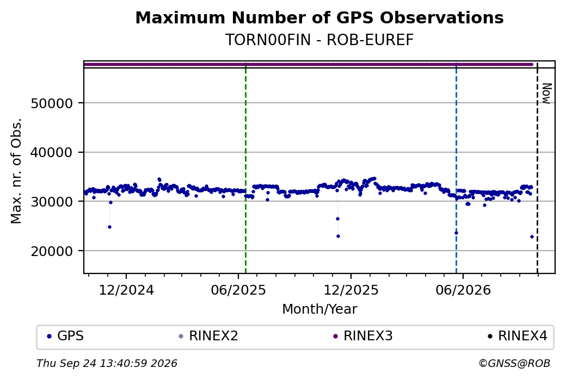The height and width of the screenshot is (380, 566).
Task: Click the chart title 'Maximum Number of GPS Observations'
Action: coord(319,17)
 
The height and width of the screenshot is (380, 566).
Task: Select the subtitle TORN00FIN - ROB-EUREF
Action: coord(319,40)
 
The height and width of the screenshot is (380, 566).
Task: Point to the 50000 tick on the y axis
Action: coord(52,103)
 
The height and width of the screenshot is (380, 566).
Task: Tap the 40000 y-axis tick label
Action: coord(52,153)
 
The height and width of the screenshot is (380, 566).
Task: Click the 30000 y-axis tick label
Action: coord(52,202)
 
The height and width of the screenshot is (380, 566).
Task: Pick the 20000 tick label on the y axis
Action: coord(52,251)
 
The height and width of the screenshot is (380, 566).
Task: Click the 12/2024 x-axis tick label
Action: coord(126,290)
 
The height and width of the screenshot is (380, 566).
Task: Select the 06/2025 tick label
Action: coord(238,290)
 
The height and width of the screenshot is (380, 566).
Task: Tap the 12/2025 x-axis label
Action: coord(351,290)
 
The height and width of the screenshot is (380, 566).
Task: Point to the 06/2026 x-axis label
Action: coord(463,290)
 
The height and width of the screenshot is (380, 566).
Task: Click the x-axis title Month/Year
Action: coord(319,309)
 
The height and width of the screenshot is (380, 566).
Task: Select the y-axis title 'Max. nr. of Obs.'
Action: coord(16,171)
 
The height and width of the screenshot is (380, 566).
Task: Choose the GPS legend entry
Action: coord(65,336)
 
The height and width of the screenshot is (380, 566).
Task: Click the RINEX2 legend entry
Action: coord(208,336)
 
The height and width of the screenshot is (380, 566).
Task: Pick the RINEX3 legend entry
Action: coord(363,336)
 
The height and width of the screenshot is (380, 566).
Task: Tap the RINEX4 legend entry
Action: coord(518,336)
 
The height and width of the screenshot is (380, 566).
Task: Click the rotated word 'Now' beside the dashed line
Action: coord(546,94)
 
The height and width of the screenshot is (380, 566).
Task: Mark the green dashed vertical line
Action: coord(246,167)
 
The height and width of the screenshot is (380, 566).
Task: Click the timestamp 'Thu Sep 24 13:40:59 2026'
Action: coord(107,363)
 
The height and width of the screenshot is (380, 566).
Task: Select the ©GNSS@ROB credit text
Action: coord(514,363)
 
